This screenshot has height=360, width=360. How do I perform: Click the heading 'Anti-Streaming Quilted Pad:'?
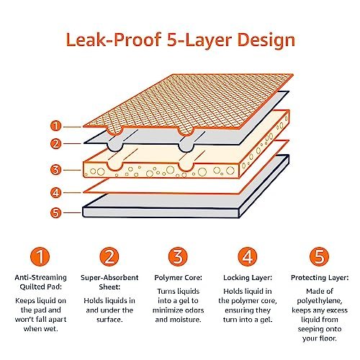click(x=42, y=282)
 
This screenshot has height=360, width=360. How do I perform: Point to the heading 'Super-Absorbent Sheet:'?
click(x=110, y=282)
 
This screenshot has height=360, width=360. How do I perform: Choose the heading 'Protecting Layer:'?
click(x=319, y=276)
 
